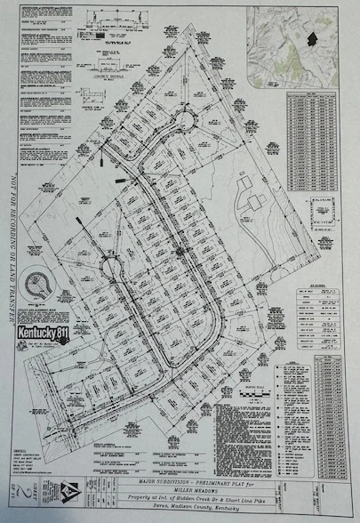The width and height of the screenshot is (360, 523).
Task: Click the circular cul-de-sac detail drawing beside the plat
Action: coord(38,284)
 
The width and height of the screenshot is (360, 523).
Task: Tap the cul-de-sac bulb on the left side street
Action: coord(113,267)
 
